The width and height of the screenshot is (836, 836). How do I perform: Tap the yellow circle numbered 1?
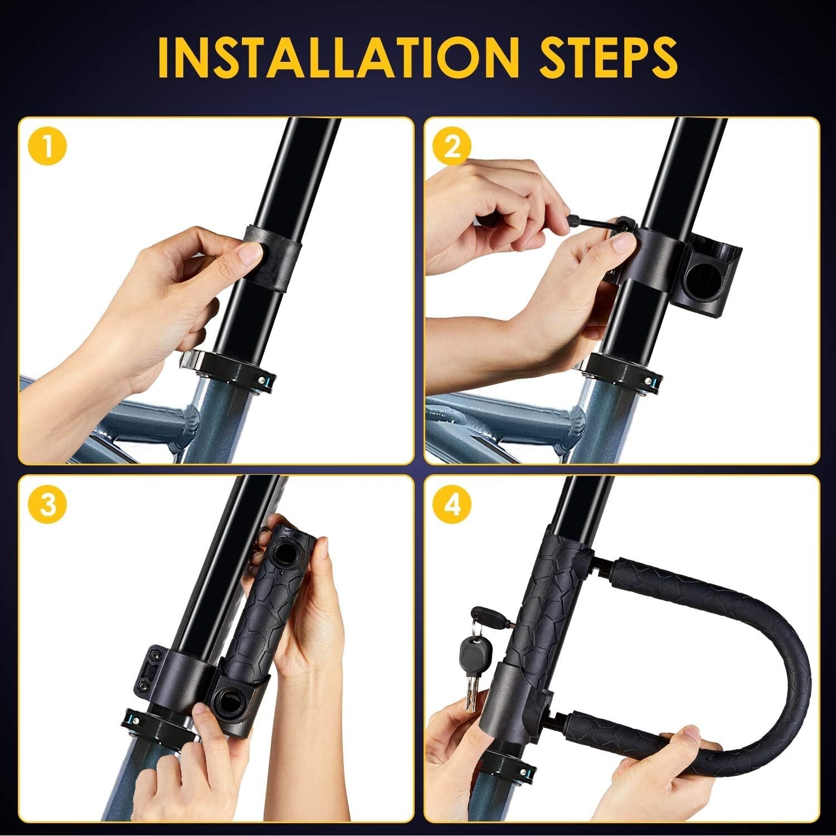pyautogui.click(x=49, y=148)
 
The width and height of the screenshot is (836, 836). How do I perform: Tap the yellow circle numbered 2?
pyautogui.click(x=454, y=148)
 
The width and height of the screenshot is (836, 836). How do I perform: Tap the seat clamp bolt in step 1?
pyautogui.click(x=269, y=382)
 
